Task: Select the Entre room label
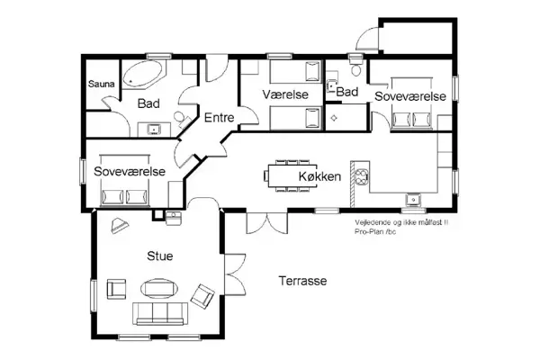pyautogui.click(x=219, y=118)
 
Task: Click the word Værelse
pyautogui.click(x=286, y=94)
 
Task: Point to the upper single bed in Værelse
pyautogui.click(x=294, y=71)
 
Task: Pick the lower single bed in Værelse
pyautogui.click(x=294, y=116)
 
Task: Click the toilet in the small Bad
pyautogui.click(x=356, y=69)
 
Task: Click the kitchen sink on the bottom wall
pyautogui.click(x=413, y=199)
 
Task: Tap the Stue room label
pyautogui.click(x=159, y=256)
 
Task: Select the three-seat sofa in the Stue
pyautogui.click(x=160, y=313)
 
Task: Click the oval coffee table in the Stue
pyautogui.click(x=159, y=288)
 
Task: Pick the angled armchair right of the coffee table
pyautogui.click(x=202, y=294)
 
